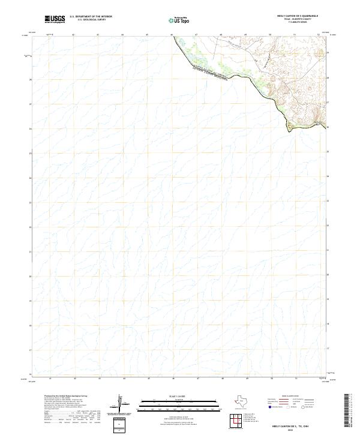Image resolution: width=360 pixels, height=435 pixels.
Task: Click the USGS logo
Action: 55,19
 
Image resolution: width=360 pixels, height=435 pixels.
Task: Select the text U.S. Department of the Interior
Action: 91,16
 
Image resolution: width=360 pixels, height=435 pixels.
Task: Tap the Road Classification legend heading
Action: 289,397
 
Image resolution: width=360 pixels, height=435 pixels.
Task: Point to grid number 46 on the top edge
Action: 172,35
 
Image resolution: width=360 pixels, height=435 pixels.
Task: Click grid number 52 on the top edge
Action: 319,35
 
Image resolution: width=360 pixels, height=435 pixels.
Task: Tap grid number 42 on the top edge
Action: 73,35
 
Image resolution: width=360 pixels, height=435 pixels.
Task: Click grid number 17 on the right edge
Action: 328,349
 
